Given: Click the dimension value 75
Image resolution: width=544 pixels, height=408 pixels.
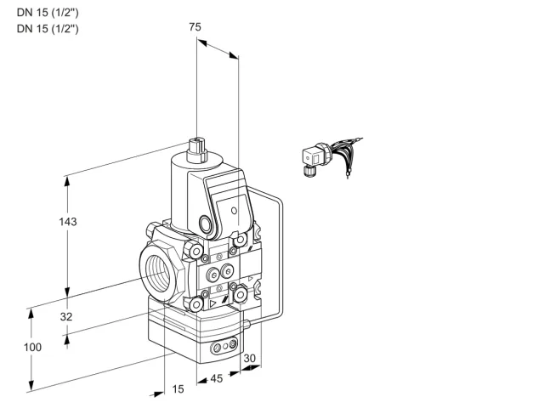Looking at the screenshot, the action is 195,26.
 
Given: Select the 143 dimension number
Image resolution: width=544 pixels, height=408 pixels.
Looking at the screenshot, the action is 68,221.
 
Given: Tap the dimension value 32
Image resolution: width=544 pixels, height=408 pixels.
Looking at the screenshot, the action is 66,316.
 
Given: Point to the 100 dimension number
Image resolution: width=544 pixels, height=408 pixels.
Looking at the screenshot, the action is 32,347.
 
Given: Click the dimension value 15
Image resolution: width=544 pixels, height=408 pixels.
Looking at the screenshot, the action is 178,389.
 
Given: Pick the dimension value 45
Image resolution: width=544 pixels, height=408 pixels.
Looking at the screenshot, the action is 217,378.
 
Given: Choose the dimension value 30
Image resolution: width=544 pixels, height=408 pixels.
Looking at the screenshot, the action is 249,359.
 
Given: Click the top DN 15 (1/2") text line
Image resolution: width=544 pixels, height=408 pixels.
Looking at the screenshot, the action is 48,13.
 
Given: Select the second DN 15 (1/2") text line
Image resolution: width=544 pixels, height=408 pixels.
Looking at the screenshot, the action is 48,28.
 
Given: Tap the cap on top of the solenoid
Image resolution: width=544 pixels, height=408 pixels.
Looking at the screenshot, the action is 196,150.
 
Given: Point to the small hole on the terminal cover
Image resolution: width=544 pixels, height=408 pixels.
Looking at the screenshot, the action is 235,210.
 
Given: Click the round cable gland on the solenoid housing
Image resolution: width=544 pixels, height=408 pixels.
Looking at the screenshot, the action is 205,224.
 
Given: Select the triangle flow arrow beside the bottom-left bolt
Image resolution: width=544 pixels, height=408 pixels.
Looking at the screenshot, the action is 212,304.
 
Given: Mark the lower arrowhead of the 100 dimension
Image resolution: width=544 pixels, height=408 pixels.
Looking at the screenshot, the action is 31,386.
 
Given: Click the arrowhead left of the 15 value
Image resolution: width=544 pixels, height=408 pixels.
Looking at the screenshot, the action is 158,394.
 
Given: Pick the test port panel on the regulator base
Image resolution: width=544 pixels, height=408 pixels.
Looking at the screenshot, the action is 224,346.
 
